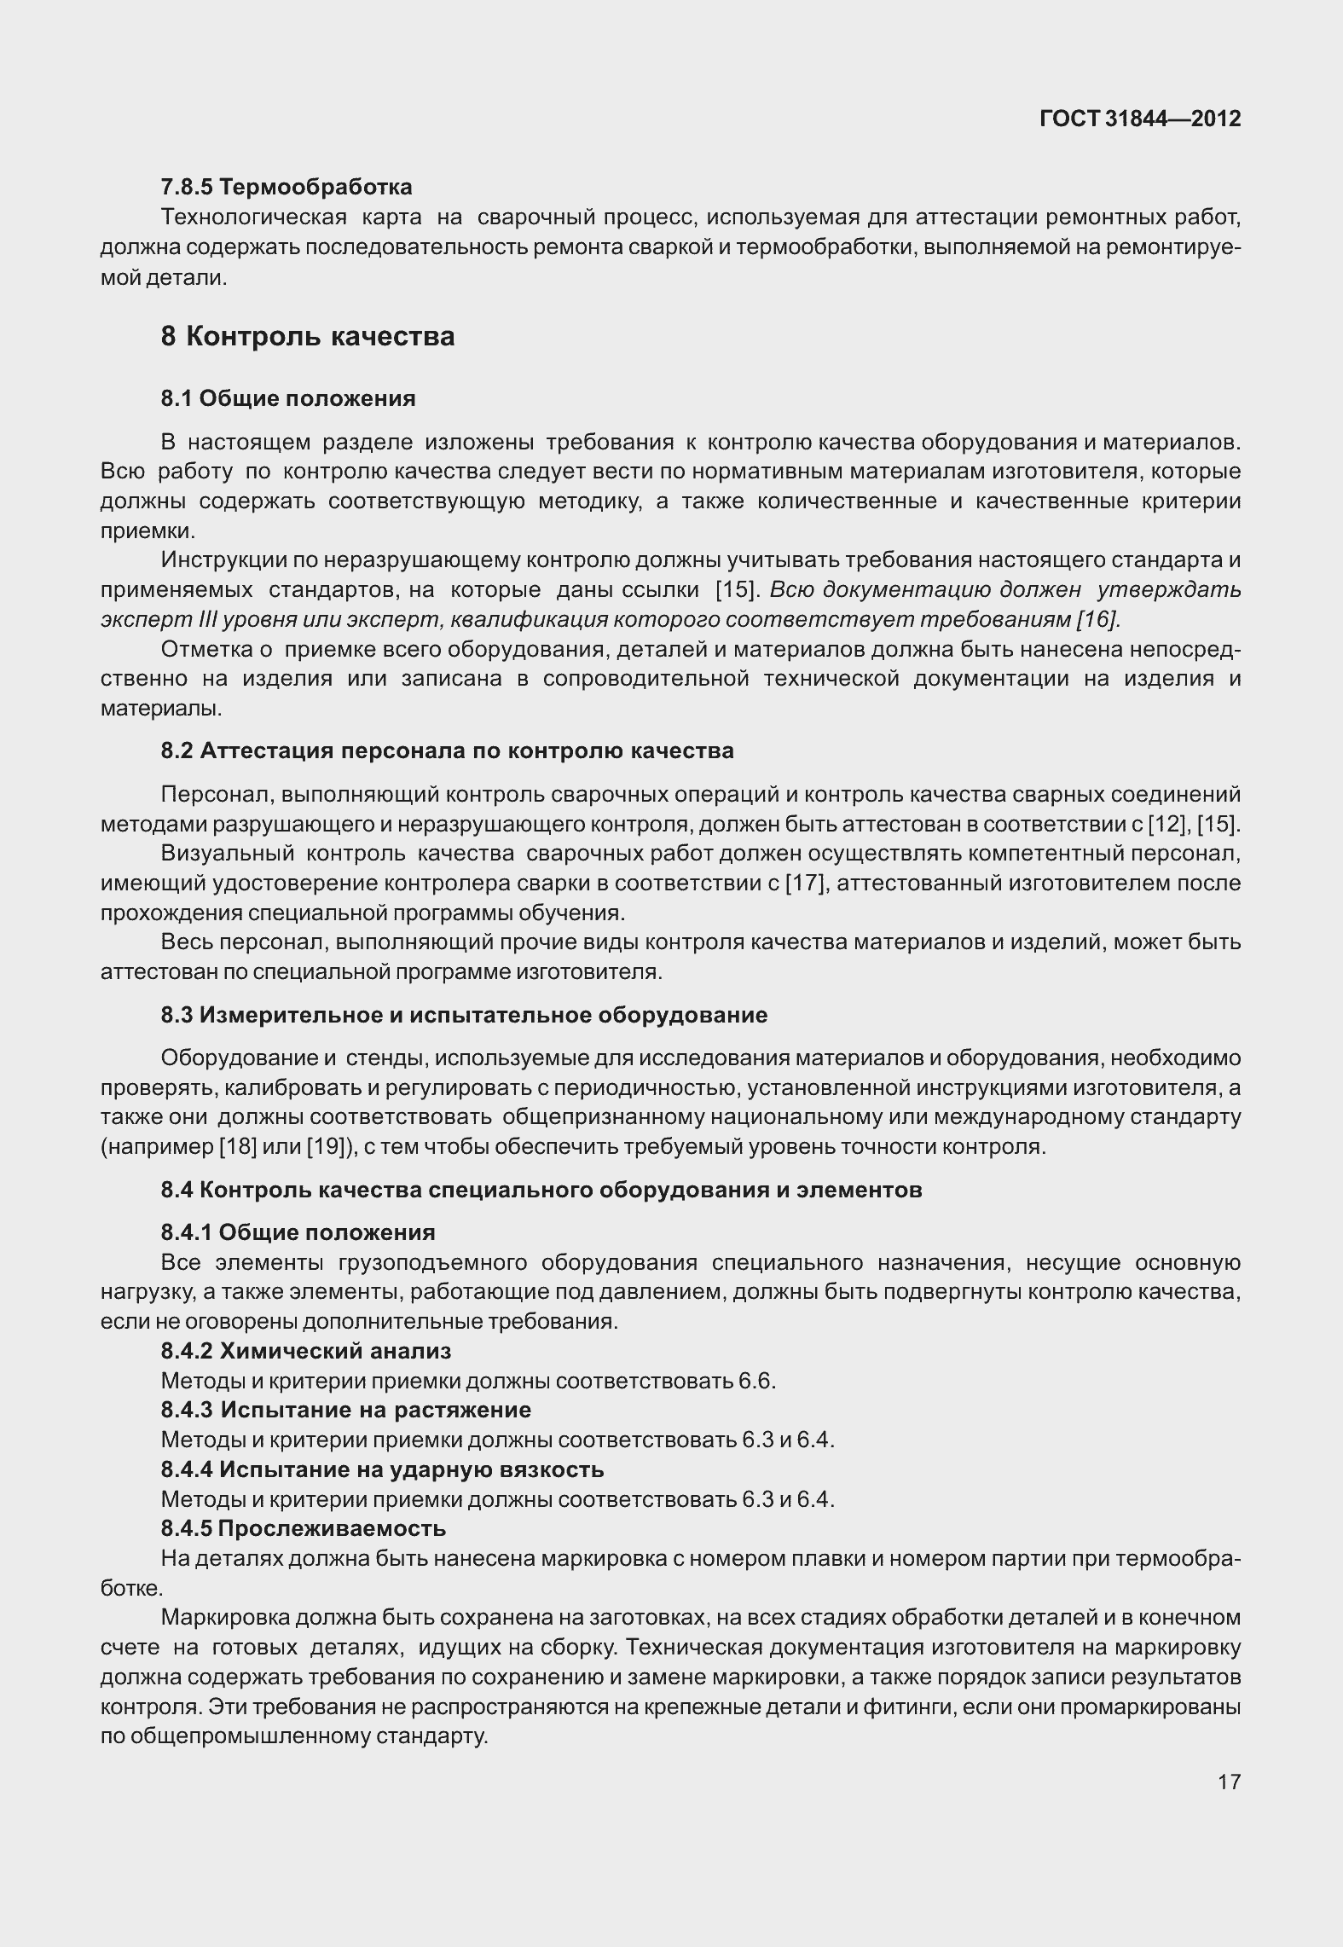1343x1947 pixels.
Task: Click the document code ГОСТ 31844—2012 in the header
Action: pyautogui.click(x=1140, y=119)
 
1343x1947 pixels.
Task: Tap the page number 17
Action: pyautogui.click(x=1229, y=1782)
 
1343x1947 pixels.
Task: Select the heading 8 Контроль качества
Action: pyautogui.click(x=308, y=337)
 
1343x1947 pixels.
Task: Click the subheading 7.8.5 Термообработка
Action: pyautogui.click(x=287, y=187)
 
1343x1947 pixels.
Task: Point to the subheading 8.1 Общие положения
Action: pyautogui.click(x=288, y=399)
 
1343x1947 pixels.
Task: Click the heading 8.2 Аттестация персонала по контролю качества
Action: pyautogui.click(x=447, y=751)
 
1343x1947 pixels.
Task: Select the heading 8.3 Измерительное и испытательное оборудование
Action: pyautogui.click(x=464, y=1015)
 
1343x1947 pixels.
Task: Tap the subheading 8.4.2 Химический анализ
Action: pyautogui.click(x=306, y=1351)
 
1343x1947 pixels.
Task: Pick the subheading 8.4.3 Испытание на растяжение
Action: pyautogui.click(x=346, y=1410)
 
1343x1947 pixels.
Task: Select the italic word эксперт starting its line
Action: pyautogui.click(x=135, y=620)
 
